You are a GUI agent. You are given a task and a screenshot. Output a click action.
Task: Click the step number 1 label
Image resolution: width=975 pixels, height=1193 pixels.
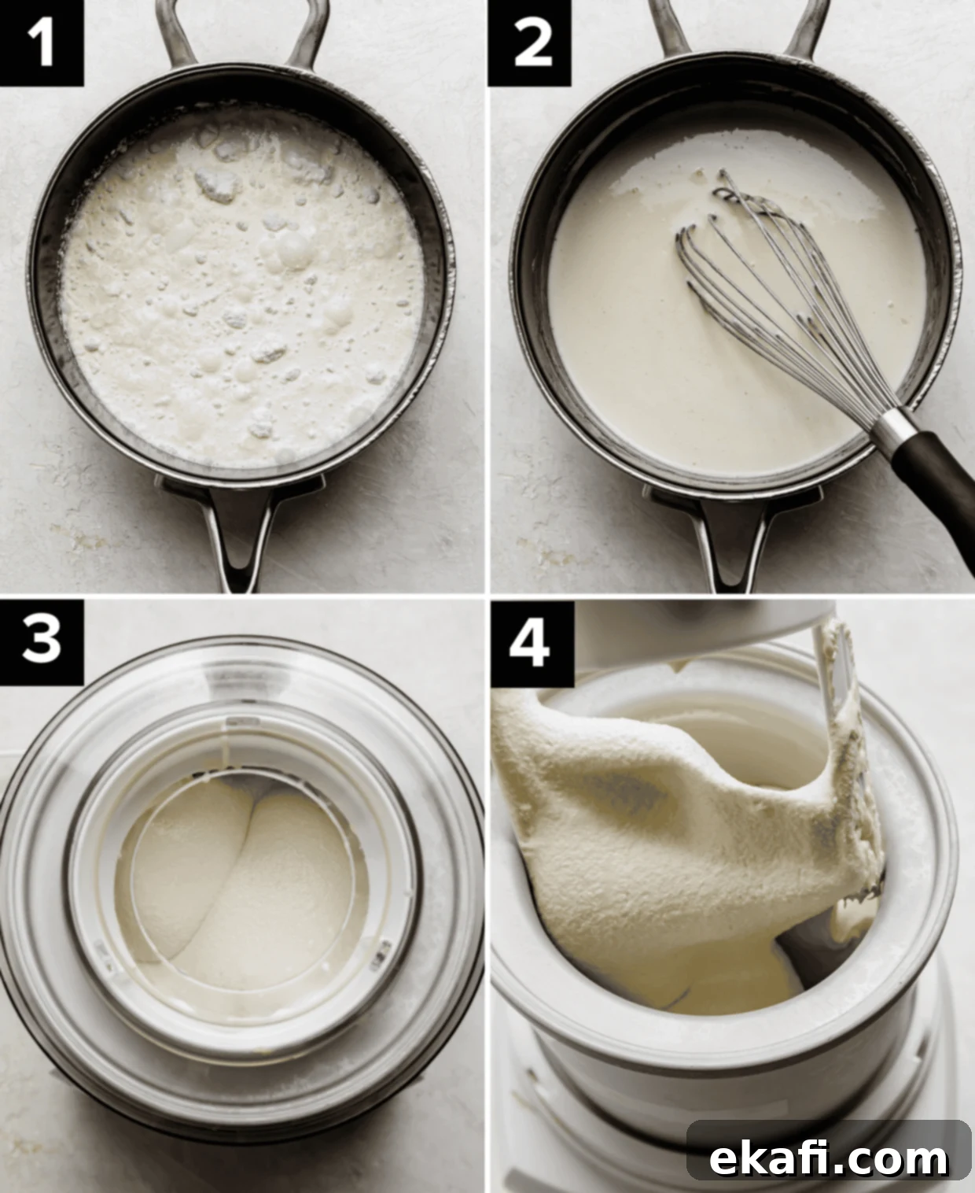click(x=42, y=43)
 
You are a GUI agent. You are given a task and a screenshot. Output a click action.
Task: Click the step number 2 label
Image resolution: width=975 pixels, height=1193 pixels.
click(x=530, y=43)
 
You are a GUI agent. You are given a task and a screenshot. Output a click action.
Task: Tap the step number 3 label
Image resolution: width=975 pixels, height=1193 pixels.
click(x=42, y=641)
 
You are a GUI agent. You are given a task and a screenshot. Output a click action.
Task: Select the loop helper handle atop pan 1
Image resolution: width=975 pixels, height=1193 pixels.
click(x=243, y=34)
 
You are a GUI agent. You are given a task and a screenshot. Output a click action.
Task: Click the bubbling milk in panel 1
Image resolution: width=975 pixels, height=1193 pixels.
click(x=242, y=289)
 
